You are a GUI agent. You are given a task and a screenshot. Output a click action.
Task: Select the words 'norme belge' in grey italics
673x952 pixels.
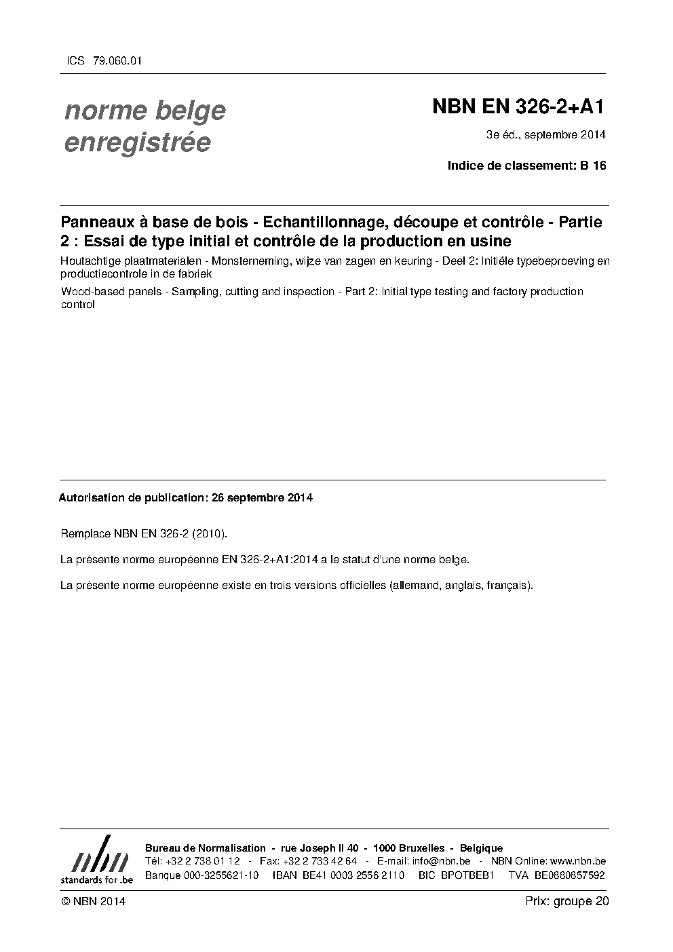pos(145,111)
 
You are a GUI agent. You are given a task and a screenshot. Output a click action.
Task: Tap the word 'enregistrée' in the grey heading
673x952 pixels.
pos(137,142)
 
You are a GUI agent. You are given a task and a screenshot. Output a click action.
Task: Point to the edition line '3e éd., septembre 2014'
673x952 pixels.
pos(545,134)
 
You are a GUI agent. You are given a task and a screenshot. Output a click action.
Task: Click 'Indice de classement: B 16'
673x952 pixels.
pos(526,166)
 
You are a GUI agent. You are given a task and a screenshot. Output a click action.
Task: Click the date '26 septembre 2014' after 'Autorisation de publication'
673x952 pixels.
pos(262,497)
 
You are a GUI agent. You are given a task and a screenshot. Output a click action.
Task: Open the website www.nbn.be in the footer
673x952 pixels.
pos(577,861)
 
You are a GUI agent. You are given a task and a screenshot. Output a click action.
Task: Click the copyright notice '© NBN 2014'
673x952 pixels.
pos(93,901)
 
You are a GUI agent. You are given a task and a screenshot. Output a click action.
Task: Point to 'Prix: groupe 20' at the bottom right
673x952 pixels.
pos(566,901)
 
